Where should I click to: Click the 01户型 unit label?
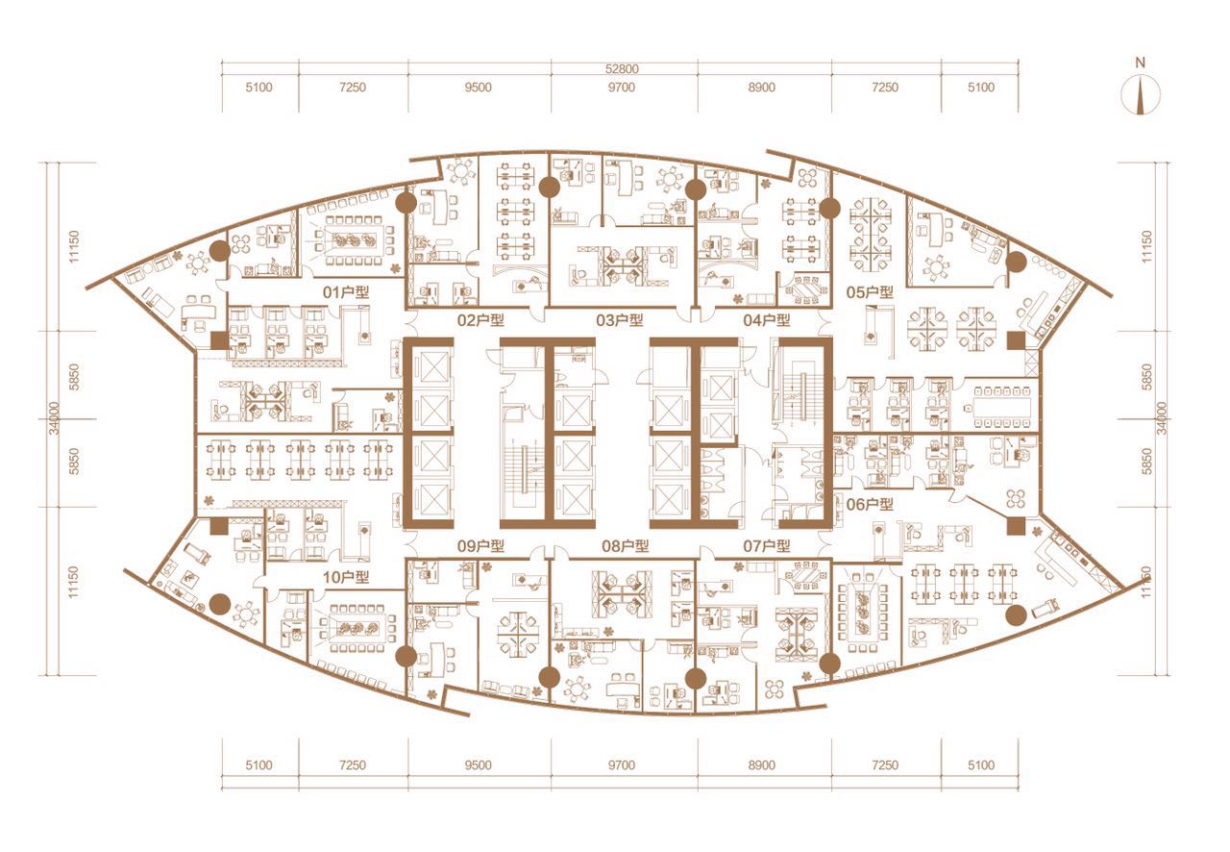345,292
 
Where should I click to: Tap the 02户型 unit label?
480,320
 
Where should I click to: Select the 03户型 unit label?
620,320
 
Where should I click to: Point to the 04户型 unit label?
767,320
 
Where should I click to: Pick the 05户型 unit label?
870,292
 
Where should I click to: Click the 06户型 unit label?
870,504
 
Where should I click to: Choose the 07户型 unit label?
767,546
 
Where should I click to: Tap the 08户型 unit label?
626,546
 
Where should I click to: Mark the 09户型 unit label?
480,546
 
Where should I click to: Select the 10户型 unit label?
345,577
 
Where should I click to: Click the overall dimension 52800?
622,68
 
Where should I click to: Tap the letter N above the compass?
1141,63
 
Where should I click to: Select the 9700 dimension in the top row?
622,88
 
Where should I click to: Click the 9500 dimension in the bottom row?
478,764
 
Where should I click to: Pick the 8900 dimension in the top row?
762,88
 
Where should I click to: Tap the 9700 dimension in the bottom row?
622,764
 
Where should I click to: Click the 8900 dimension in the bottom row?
762,764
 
